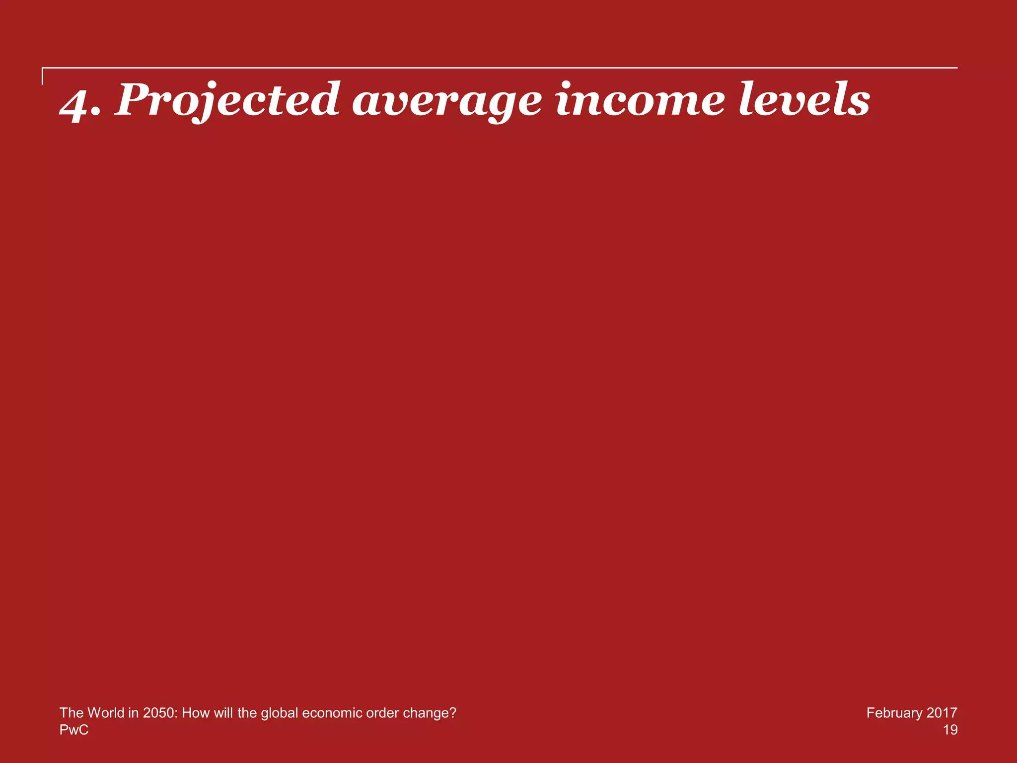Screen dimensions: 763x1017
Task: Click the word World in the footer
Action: [109, 713]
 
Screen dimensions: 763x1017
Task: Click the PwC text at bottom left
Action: [74, 730]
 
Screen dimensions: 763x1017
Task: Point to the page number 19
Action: [950, 730]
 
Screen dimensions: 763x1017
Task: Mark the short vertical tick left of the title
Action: [43, 76]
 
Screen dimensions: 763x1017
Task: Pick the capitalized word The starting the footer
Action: [72, 713]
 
